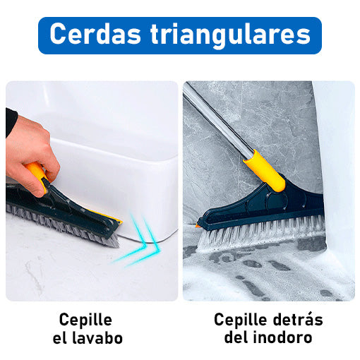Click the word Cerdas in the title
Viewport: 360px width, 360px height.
95,33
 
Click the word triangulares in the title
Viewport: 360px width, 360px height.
231,35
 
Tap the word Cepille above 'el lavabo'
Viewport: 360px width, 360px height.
85,320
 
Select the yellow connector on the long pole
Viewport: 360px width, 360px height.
264,171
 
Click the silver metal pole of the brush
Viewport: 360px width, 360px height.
217,121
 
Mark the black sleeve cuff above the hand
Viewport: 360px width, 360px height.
11,122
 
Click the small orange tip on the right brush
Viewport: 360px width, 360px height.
197,226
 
